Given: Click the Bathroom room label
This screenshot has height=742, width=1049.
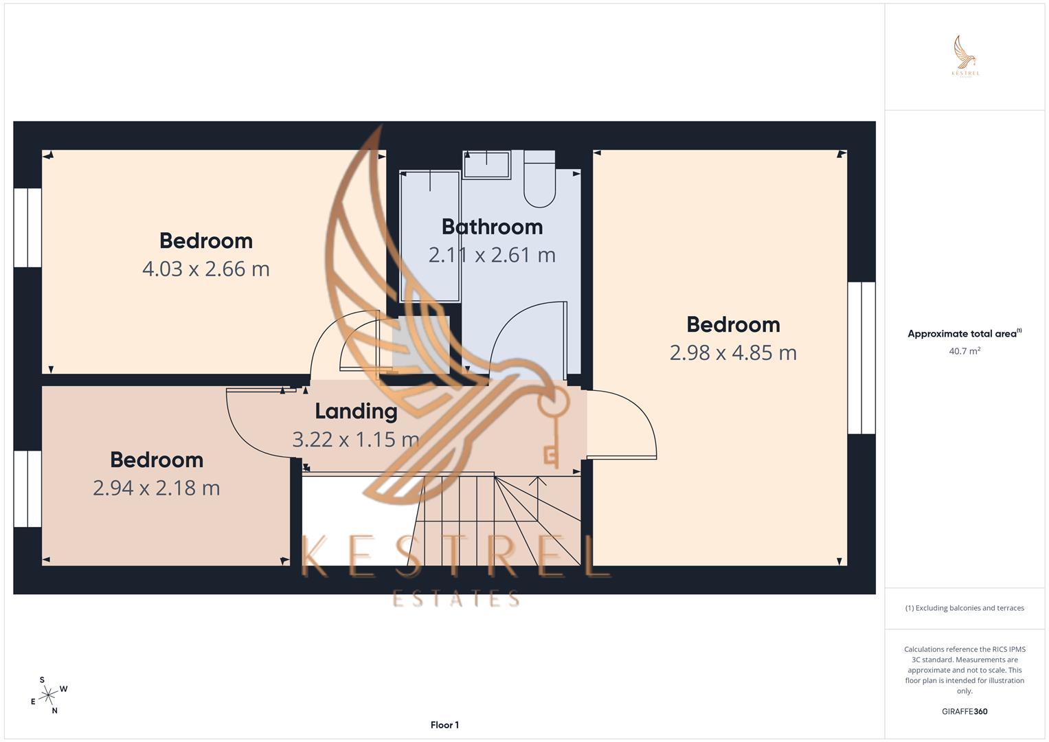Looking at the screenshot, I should coord(492,227).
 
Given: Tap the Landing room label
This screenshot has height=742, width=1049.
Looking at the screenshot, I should coord(356,411).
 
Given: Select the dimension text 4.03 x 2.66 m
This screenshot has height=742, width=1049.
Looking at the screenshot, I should coord(205,269).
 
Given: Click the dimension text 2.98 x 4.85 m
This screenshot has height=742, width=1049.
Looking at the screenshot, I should coord(733,352).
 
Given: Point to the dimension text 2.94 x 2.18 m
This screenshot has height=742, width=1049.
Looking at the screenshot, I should coord(156,488).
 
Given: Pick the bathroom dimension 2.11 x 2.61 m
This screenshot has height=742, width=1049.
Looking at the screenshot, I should coord(492,255).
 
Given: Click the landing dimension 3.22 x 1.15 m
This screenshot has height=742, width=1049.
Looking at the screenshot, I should coord(356,439).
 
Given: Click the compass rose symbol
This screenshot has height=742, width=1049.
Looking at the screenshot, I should coord(48,695).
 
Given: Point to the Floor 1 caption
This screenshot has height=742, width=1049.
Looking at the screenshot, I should coord(444,725).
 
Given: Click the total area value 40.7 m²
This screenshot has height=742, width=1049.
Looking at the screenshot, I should coord(965,351).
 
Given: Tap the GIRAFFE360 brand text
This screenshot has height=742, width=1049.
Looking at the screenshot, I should coord(965,711).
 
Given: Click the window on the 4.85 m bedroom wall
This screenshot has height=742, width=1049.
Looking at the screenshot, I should coord(861,358).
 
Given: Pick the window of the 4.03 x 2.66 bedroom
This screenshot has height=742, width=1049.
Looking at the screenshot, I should coord(27,227).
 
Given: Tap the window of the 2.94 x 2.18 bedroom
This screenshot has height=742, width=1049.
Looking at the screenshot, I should coord(27,488).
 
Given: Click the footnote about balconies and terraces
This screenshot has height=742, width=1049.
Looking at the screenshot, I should coord(965,608).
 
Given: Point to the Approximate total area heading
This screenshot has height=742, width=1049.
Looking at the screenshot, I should coord(963,334).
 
